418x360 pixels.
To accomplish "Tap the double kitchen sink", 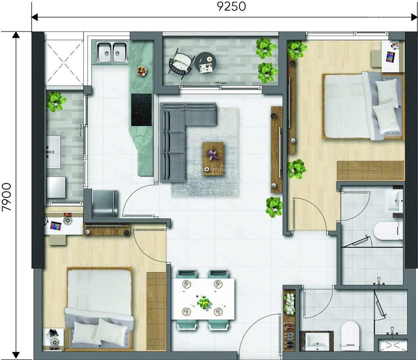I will click(112, 52).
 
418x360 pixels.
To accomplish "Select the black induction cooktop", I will click(141, 110).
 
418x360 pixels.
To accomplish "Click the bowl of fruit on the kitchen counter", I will click(142, 71).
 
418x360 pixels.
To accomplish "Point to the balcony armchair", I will click(180, 64).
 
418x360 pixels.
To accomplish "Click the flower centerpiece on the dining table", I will click(203, 303).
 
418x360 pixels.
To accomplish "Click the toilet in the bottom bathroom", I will click(350, 335).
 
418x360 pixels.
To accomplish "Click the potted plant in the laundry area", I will click(56, 101).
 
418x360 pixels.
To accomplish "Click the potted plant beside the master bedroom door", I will click(274, 207).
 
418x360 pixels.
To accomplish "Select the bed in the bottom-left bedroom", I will click(100, 306).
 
